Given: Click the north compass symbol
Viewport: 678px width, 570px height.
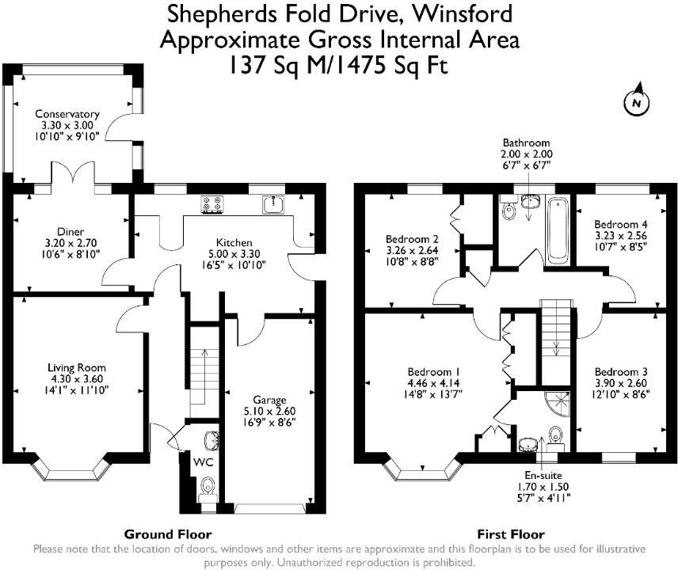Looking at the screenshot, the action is point(637,102).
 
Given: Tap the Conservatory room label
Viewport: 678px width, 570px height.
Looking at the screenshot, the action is point(67,114).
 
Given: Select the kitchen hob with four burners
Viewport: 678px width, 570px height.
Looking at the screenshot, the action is point(212,204).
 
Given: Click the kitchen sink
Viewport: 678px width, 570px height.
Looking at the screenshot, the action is point(273,204).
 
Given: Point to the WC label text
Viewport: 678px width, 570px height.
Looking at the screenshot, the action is point(203,462).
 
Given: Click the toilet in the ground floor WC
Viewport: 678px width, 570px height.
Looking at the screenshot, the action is point(208,486).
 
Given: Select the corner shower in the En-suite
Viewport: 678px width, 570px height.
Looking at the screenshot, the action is point(558,404).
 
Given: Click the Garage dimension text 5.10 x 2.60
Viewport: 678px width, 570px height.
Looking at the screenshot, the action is point(269,412).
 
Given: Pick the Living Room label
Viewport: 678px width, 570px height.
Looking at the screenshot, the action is point(77,368).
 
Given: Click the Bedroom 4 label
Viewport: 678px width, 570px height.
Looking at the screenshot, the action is point(620,224).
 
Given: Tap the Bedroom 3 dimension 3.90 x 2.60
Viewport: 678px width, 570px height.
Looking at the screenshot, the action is point(620,383).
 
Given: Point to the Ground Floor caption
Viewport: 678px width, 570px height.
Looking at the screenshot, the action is point(168,534).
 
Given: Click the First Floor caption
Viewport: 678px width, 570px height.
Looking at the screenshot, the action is point(511,534).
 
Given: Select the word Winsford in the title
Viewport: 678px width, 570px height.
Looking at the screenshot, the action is point(463,13).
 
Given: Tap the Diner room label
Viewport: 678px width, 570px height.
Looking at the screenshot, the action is point(70,232).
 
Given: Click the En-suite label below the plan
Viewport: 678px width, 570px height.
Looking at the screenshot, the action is point(543,475).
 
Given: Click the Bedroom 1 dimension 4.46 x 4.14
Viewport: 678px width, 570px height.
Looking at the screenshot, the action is point(434,383).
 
